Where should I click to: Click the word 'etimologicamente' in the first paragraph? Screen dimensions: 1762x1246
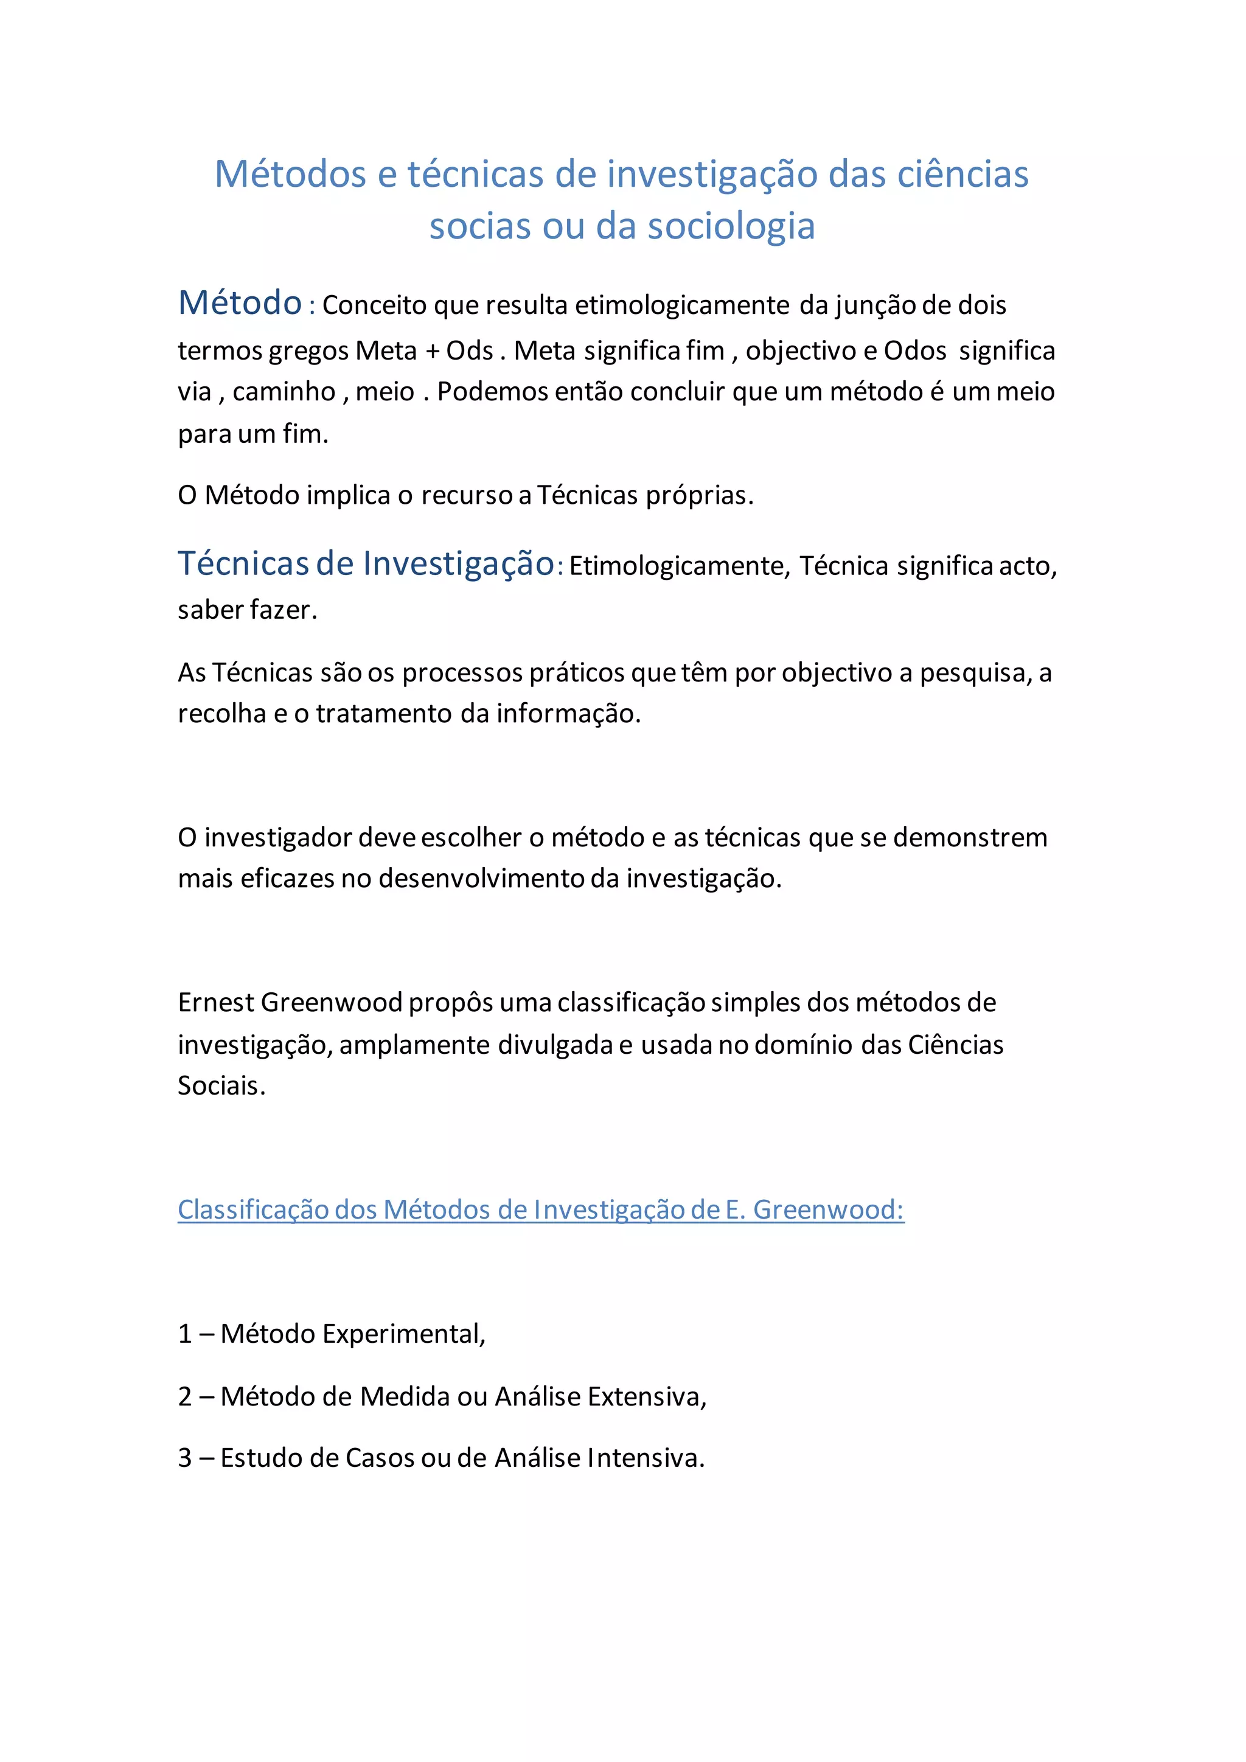(682, 305)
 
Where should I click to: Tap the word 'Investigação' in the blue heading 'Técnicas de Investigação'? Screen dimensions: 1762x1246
(458, 564)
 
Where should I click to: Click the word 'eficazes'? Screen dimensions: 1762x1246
(287, 879)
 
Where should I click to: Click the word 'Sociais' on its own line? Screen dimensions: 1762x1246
(220, 1086)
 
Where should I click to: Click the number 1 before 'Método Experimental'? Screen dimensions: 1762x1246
(185, 1334)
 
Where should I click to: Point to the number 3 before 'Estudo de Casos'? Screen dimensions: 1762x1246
(185, 1458)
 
